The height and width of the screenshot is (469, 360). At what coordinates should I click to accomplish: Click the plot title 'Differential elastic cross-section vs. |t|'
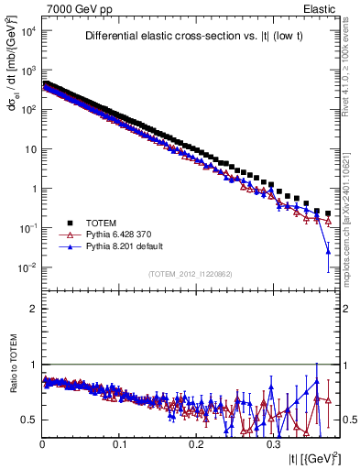pos(190,37)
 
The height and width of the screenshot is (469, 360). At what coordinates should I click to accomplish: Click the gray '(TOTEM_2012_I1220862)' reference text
pos(190,274)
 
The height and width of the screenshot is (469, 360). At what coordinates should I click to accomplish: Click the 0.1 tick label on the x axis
pos(119,443)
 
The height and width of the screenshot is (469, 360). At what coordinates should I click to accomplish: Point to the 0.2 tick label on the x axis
pos(196,443)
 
